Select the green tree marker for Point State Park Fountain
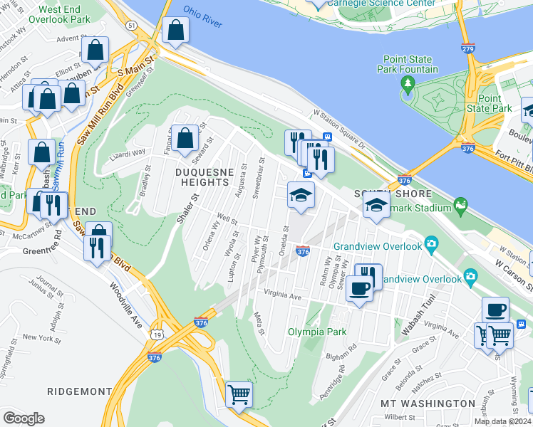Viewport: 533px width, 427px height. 408,85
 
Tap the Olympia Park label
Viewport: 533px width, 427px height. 316,332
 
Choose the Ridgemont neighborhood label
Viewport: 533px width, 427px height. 79,391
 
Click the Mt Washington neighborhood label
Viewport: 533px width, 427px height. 428,404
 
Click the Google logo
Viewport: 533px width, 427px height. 24,418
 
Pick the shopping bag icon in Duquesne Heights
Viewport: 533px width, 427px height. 185,139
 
